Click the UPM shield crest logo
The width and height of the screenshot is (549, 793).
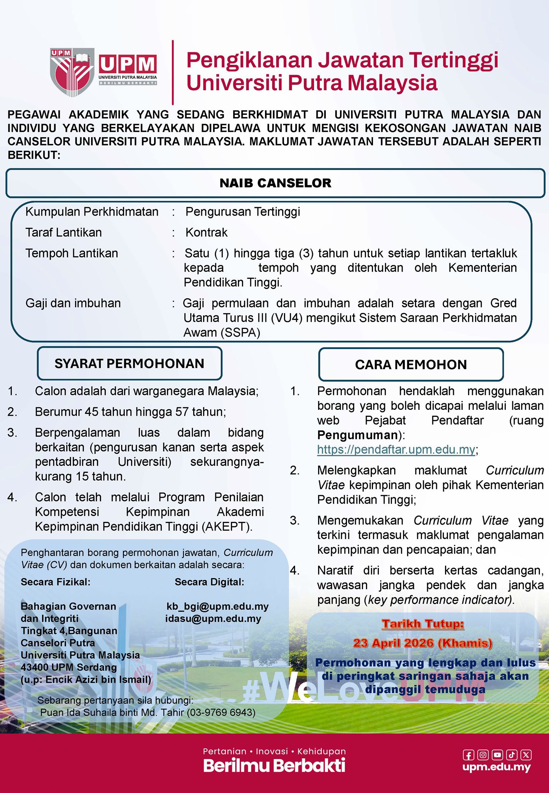(72, 72)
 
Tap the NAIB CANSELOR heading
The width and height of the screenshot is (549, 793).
(275, 183)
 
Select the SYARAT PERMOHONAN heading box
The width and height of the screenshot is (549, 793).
(130, 363)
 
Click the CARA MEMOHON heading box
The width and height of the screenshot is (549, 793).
(411, 364)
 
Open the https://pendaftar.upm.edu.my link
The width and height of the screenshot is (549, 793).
(396, 449)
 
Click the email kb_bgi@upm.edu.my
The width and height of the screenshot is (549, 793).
(217, 606)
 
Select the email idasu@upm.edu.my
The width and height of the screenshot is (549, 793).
(213, 618)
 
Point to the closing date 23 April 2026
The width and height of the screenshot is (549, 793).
(422, 643)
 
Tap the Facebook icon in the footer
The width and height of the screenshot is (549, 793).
(468, 755)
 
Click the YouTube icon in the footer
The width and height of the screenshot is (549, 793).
(497, 755)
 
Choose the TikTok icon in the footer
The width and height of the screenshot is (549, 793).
(512, 755)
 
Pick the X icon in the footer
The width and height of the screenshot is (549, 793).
(526, 755)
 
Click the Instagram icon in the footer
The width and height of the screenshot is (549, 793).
(483, 755)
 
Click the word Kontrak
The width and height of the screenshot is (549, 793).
(206, 232)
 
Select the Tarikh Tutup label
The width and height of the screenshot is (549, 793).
(423, 624)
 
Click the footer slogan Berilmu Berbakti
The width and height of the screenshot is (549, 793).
(274, 765)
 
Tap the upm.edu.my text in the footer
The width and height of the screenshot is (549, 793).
(496, 767)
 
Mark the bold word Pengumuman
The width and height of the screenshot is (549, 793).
(357, 435)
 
